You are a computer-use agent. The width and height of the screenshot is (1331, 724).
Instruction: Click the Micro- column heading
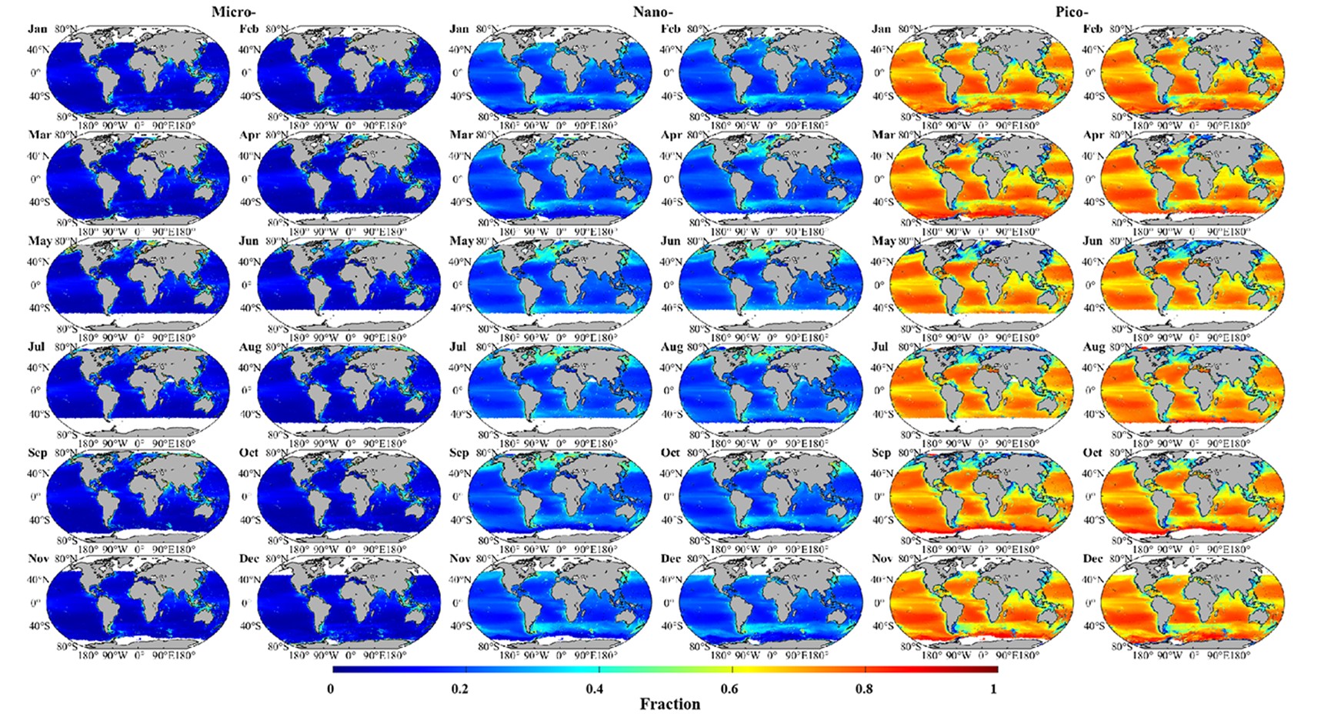point(233,12)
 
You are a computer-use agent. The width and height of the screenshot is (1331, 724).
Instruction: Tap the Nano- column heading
point(654,12)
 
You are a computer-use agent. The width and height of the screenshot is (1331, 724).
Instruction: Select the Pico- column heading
point(1072,12)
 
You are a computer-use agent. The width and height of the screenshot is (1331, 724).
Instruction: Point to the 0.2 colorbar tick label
point(460,688)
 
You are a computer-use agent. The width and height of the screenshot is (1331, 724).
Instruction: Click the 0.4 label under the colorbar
point(594,688)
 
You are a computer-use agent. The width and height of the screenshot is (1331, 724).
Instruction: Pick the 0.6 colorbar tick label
point(729,688)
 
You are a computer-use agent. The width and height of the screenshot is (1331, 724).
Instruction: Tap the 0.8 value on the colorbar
point(864,688)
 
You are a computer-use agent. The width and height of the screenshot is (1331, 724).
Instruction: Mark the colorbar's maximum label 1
point(993,688)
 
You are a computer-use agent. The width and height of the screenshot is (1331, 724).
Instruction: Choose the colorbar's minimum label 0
point(331,688)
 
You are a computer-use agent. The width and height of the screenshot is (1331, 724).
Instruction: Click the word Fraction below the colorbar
point(669,704)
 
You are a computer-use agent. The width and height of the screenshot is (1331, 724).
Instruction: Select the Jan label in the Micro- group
point(38,29)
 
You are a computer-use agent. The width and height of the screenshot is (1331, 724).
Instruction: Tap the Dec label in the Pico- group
point(1092,559)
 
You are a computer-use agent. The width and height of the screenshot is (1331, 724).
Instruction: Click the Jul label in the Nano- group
point(458,347)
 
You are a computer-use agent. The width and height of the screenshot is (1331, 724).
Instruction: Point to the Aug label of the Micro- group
point(249,347)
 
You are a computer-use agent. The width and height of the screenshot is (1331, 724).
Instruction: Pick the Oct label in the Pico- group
point(1092,452)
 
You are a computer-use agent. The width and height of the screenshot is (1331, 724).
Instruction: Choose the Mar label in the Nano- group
point(461,135)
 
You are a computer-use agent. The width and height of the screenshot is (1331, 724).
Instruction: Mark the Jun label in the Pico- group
point(1092,241)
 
